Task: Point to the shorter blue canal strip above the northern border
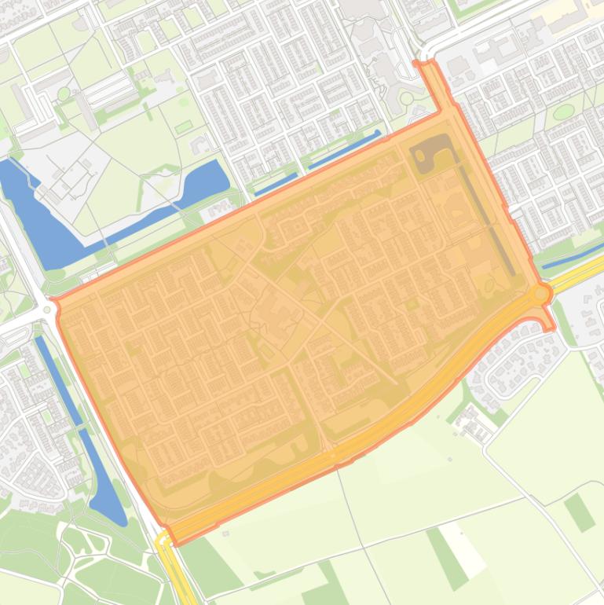275,185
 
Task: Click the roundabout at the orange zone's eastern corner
541,294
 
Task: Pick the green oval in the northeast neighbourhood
562,112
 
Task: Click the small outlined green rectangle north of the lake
183,126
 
